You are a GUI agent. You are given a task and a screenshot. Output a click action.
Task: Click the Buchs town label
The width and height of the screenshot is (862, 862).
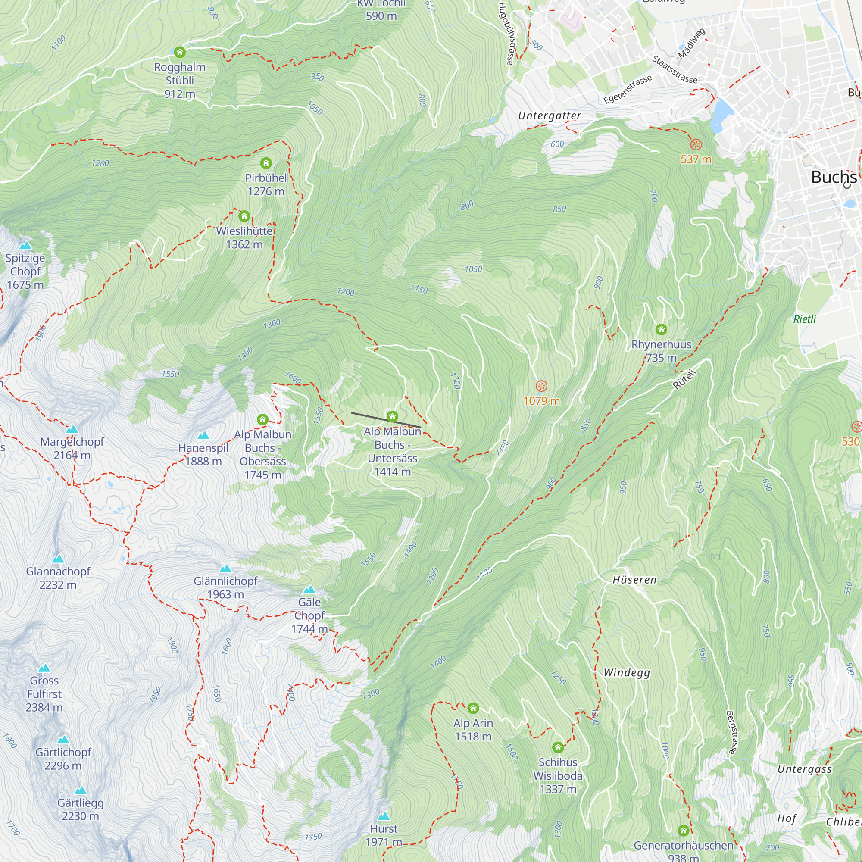(x=833, y=177)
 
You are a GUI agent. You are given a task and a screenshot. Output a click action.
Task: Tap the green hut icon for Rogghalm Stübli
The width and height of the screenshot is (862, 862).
(x=180, y=52)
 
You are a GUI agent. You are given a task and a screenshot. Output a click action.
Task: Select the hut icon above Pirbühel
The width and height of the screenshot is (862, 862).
(x=266, y=163)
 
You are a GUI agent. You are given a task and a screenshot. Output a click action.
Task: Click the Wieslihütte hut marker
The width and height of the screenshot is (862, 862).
(x=244, y=216)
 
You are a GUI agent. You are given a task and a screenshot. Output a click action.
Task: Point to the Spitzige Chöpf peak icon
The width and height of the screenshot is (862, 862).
(x=25, y=245)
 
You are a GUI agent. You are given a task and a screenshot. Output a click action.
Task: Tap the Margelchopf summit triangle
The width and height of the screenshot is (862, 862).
(x=72, y=429)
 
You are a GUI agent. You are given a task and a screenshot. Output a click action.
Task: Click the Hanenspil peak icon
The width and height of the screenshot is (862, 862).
(x=203, y=435)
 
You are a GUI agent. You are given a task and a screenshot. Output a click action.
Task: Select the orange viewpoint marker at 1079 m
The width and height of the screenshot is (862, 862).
(x=541, y=386)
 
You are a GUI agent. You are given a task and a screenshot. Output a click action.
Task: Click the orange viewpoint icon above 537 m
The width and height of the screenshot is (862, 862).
(x=696, y=144)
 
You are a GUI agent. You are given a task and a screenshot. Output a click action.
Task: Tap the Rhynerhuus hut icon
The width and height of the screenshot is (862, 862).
(x=661, y=329)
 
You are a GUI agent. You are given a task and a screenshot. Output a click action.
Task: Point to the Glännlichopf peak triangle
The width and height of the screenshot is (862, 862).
(x=225, y=568)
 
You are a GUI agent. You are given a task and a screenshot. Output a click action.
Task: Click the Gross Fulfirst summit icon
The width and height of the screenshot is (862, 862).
(x=44, y=668)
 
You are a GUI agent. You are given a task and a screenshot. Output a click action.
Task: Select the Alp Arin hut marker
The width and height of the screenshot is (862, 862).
(x=473, y=708)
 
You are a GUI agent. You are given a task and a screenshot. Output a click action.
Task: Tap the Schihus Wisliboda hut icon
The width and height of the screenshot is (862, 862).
(x=558, y=747)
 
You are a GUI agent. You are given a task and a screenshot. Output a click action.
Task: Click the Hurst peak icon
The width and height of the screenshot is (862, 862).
(x=384, y=816)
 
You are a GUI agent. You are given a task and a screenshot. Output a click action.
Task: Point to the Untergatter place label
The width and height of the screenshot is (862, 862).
(x=549, y=116)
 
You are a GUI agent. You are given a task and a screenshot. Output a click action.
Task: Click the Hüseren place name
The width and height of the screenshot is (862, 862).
(x=634, y=580)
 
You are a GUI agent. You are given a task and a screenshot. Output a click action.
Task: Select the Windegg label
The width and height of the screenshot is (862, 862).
(x=626, y=673)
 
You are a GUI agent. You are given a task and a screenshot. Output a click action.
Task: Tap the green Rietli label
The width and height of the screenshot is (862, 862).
(x=804, y=319)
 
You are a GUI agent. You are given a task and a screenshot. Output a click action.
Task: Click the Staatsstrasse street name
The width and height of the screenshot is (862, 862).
(x=674, y=69)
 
